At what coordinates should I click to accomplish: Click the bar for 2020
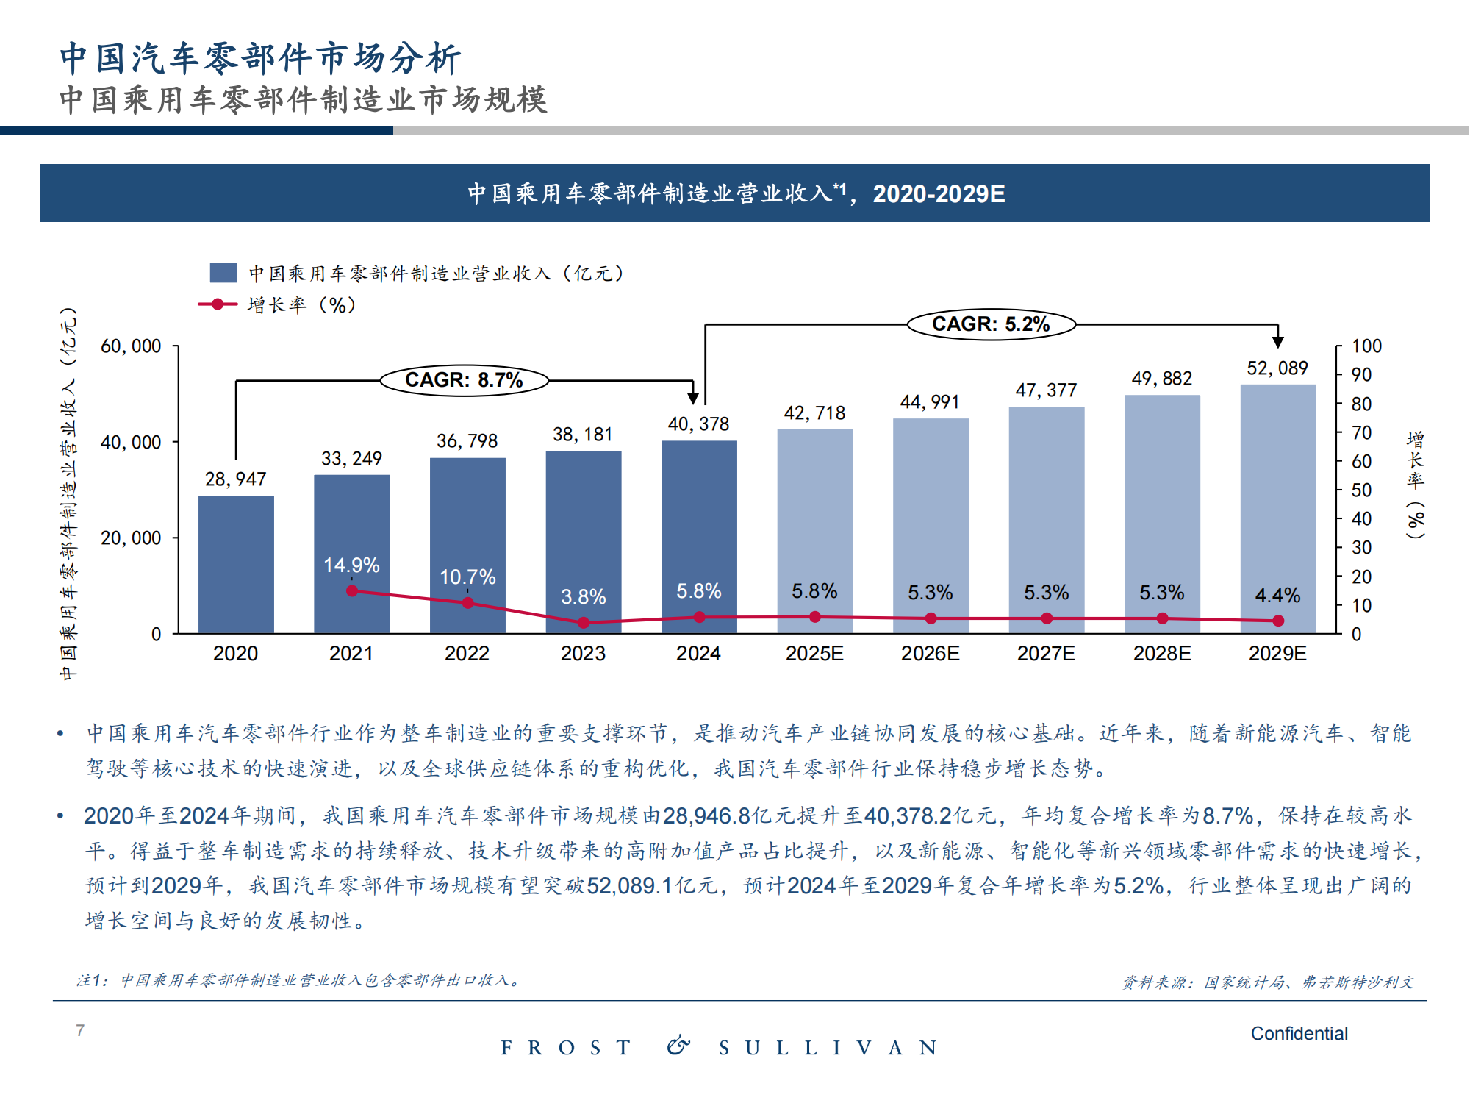236,564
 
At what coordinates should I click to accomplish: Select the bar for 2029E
1278,507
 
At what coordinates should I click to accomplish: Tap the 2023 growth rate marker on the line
584,623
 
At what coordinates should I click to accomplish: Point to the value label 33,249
351,459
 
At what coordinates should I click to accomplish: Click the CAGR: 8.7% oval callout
464,380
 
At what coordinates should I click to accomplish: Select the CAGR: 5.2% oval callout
991,324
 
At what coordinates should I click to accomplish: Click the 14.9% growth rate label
351,565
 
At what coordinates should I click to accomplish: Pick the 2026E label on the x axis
931,654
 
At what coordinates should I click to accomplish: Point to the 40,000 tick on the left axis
131,442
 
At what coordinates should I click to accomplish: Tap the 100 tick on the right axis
1366,346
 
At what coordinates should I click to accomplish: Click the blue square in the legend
223,273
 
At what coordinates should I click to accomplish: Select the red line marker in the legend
218,304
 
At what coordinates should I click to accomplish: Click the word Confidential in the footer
1299,1034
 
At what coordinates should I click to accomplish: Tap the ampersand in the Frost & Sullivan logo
678,1046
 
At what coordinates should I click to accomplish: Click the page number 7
80,1030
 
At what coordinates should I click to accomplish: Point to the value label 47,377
1046,390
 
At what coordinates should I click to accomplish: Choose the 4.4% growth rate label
1277,596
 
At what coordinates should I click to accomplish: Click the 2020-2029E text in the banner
939,194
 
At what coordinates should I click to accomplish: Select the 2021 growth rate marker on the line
352,591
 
